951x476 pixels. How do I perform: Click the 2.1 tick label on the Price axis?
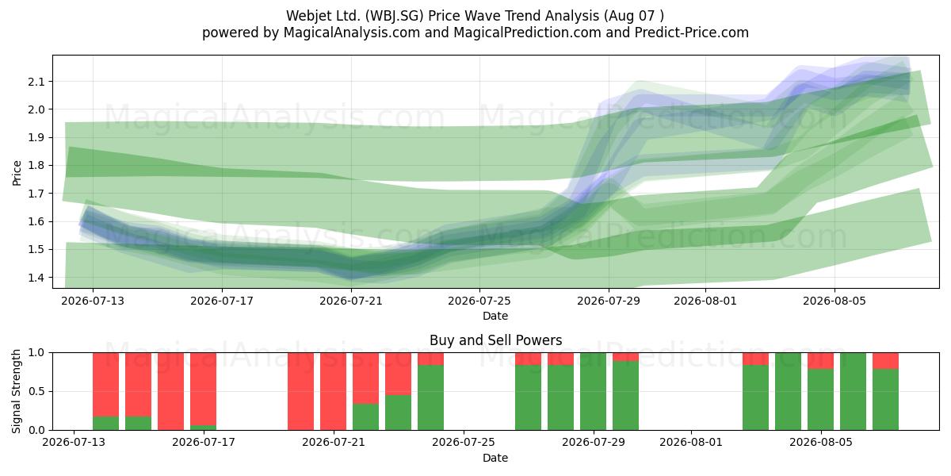click(36, 81)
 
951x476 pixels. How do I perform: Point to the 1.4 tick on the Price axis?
click(36, 278)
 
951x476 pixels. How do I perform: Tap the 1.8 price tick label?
click(36, 165)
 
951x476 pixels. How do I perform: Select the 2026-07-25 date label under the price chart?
click(479, 301)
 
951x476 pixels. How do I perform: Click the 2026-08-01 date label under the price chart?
click(705, 301)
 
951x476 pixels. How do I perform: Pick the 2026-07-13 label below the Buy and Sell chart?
click(74, 442)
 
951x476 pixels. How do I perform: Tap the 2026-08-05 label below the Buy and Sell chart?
click(821, 442)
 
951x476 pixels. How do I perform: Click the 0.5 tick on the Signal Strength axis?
click(36, 391)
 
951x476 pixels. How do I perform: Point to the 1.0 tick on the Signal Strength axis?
click(36, 353)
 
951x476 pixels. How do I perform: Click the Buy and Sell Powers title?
click(495, 340)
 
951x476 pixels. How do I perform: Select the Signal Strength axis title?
click(16, 391)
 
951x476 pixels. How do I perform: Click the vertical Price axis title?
click(17, 173)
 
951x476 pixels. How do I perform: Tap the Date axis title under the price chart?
click(495, 316)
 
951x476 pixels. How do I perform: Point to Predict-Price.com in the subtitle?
click(692, 33)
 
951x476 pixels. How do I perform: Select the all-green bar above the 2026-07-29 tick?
click(593, 391)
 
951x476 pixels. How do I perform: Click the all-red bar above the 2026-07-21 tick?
click(334, 391)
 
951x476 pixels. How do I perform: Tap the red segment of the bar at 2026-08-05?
click(821, 361)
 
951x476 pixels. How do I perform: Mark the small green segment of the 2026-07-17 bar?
click(204, 428)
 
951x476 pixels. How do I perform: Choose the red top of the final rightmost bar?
click(886, 361)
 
